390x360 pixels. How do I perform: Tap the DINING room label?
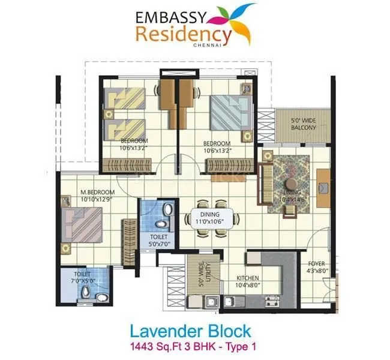(210, 214)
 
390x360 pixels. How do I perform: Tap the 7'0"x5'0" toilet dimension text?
(86, 280)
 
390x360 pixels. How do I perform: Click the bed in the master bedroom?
(84, 224)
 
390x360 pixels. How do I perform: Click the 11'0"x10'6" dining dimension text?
(210, 221)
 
